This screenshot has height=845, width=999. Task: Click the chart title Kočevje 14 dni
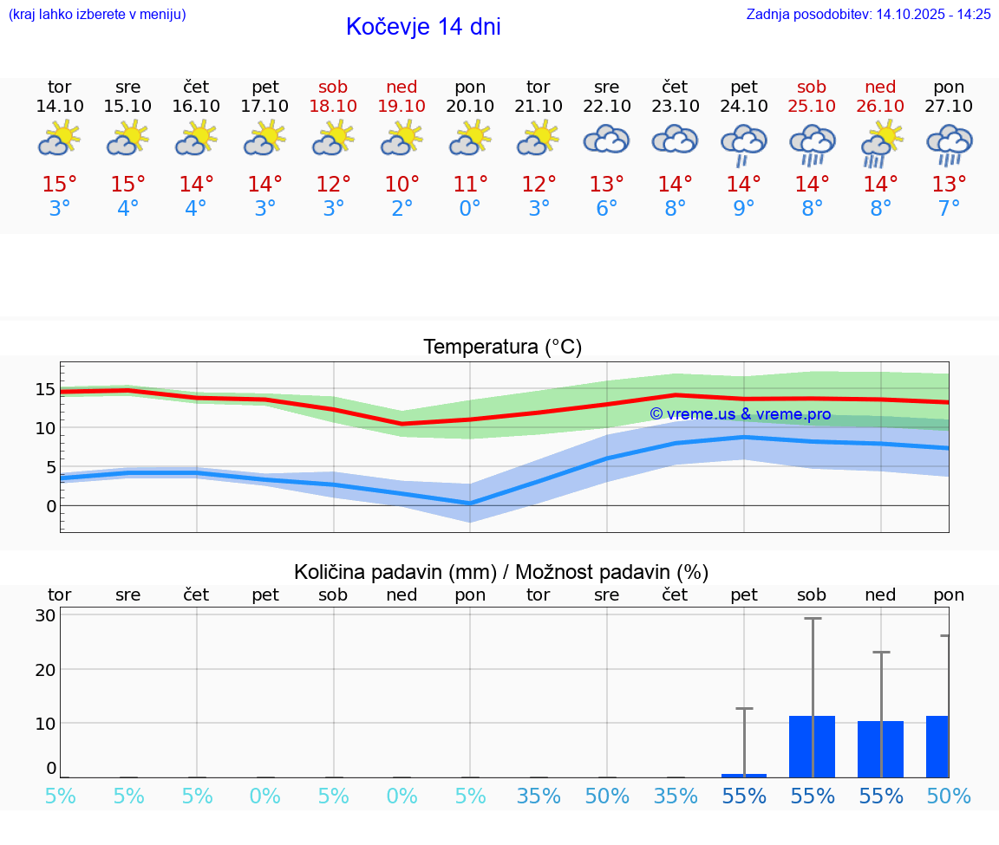point(423,27)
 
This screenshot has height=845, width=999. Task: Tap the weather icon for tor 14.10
point(59,139)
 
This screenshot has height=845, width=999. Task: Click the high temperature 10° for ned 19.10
point(402,185)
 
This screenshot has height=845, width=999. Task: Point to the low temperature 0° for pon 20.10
point(470,208)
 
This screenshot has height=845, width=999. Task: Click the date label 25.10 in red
point(812,106)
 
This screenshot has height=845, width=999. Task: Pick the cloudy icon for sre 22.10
point(606,140)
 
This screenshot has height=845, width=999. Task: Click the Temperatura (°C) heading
point(502,348)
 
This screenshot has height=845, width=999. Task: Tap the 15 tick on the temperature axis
point(46,389)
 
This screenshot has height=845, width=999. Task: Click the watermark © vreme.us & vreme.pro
point(740,414)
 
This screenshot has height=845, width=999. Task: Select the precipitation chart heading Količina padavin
point(395,572)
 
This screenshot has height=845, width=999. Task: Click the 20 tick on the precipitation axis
point(46,669)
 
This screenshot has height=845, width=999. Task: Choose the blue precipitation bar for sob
point(812,746)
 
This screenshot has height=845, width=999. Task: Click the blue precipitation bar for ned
point(880,749)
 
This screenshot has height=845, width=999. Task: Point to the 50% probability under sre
point(607,796)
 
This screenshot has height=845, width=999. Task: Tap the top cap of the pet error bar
point(744,709)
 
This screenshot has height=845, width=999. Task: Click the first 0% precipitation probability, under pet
point(264,796)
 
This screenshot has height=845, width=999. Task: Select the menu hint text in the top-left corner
point(97,15)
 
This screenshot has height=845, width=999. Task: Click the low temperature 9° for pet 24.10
point(743,208)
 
